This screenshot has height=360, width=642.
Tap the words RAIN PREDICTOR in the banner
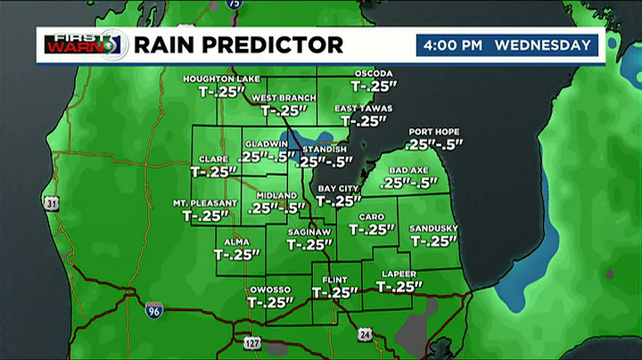239,45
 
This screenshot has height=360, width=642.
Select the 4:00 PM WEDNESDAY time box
506,45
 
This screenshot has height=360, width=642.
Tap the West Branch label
282,97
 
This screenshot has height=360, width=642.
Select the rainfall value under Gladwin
267,156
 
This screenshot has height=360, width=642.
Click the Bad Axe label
409,169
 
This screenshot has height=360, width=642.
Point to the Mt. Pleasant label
205,203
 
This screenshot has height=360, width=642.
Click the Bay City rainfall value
339,201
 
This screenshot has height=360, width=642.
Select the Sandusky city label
433,228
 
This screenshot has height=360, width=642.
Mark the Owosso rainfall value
269,302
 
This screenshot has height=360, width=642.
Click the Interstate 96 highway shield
153,309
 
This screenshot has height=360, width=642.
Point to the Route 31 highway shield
53,204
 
